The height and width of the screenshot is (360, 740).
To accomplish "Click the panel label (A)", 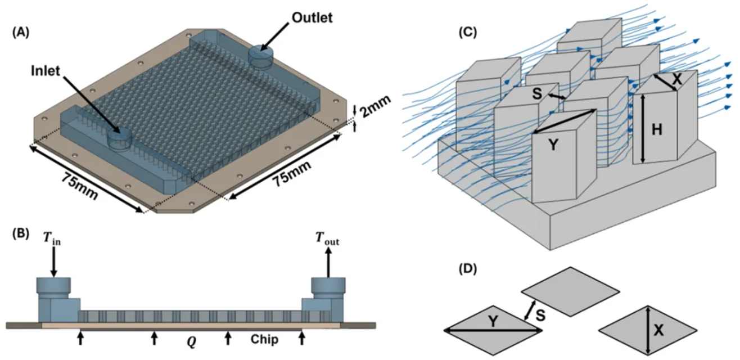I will click(22, 33).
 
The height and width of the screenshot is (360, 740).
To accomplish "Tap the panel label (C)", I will click(468, 32).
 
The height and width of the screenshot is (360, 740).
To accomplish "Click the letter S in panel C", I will click(538, 94).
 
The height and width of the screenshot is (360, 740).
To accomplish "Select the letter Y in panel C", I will click(553, 145).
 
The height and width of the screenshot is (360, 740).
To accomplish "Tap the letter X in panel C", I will click(677, 79).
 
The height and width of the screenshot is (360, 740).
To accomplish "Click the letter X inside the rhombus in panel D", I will click(658, 331).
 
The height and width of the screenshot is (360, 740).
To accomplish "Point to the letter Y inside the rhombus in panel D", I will click(493, 321).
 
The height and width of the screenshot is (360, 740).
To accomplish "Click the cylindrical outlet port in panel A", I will click(261, 56).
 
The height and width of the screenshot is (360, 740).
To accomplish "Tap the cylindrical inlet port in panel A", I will click(118, 138).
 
